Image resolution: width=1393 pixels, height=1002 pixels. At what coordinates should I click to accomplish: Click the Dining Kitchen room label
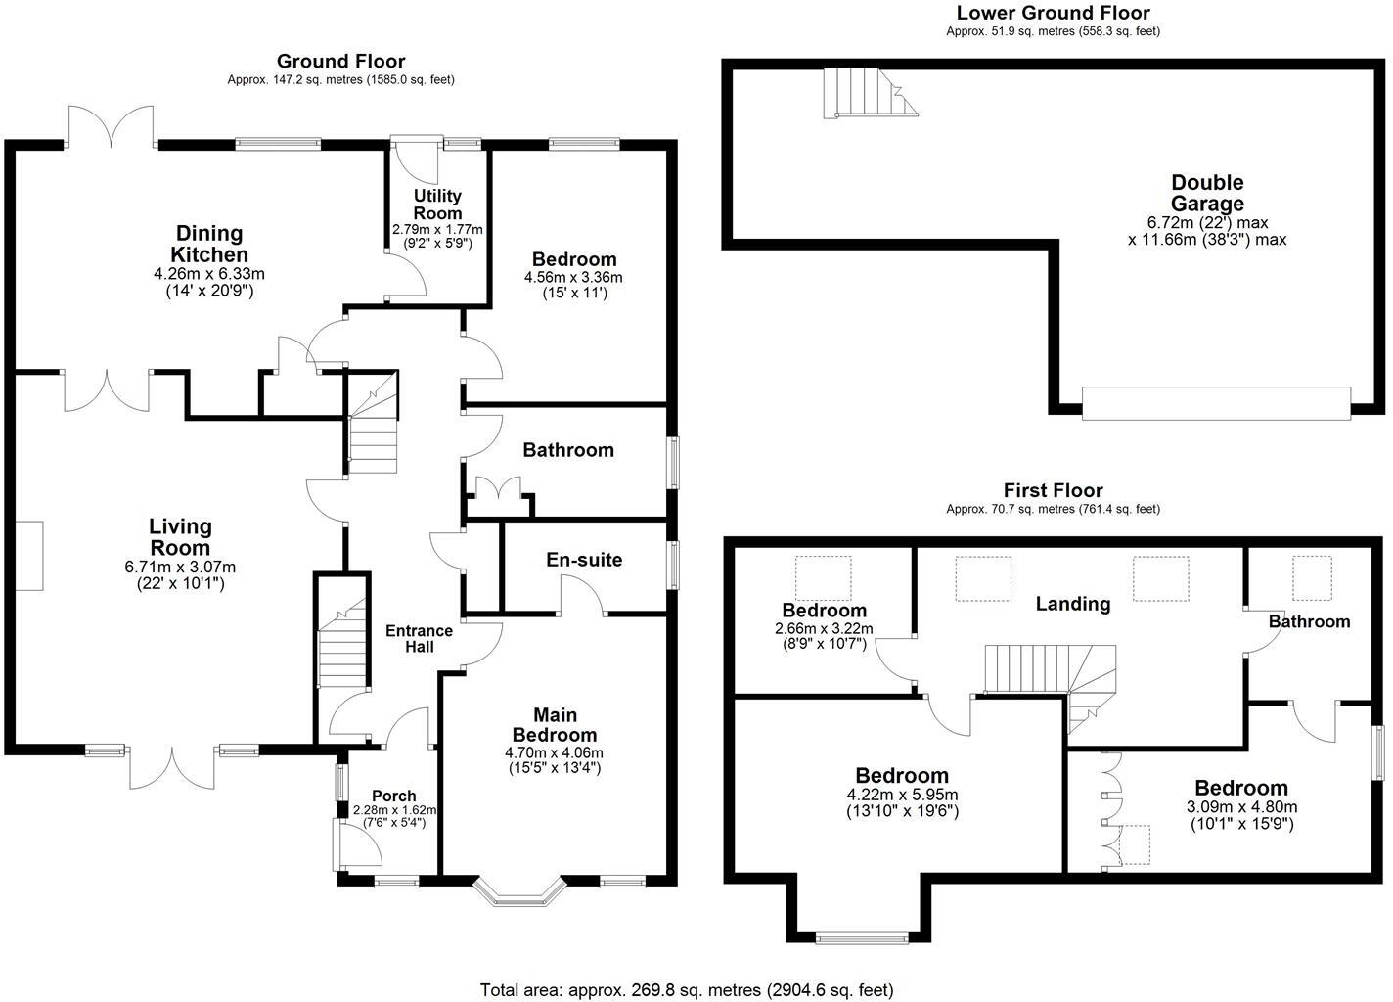(x=208, y=244)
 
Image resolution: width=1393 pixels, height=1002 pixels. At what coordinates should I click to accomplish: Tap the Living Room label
(x=180, y=537)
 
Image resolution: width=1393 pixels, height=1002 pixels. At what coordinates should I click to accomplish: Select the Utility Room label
(x=437, y=205)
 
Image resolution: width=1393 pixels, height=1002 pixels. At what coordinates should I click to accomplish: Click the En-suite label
(x=584, y=560)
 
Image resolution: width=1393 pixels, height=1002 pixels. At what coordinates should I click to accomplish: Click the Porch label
(x=394, y=796)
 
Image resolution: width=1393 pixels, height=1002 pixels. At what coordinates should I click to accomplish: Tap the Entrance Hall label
(x=419, y=638)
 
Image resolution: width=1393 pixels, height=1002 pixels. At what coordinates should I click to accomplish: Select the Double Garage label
(x=1207, y=193)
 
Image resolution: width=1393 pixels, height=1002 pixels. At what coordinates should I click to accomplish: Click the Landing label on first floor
(x=1073, y=604)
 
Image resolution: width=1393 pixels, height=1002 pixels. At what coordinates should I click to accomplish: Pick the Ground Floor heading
(x=340, y=62)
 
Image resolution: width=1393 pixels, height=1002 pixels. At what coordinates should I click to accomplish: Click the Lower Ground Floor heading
(x=1053, y=13)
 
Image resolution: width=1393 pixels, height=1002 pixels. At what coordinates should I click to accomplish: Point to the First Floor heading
(x=1053, y=490)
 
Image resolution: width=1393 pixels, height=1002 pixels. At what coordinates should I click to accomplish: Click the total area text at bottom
(x=687, y=989)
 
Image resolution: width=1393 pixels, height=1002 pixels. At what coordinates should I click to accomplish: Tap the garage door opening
(x=1216, y=403)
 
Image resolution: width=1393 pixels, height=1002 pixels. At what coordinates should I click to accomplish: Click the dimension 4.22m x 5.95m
(x=902, y=795)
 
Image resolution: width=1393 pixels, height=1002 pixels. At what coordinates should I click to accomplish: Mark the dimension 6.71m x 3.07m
(x=180, y=567)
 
